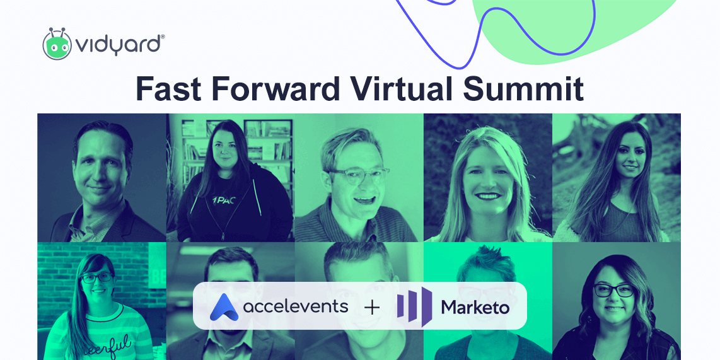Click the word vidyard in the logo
click(120, 45)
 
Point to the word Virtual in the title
click(405, 89)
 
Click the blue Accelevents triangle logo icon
click(223, 307)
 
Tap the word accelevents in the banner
click(295, 306)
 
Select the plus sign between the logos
click(372, 307)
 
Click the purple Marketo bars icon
click(414, 305)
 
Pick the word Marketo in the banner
click(475, 307)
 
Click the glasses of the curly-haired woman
click(613, 291)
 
